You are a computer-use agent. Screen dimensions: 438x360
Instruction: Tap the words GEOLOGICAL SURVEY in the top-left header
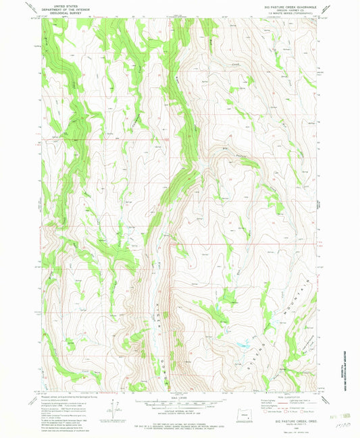click(58, 11)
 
